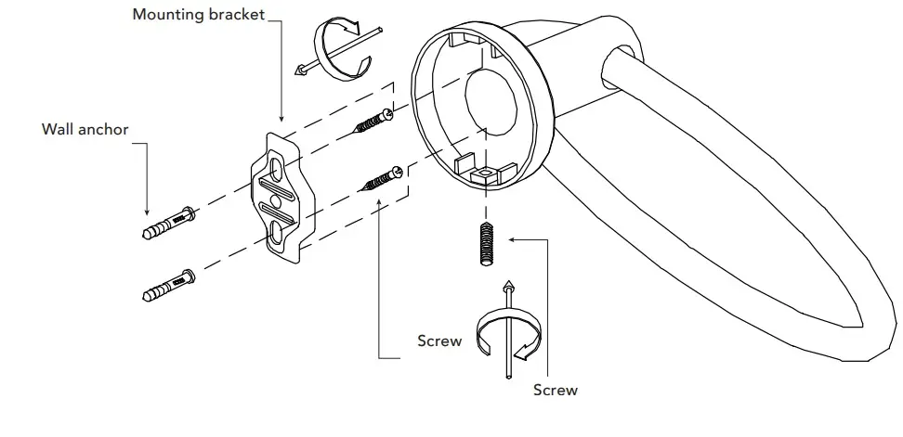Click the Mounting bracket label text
click(x=199, y=15)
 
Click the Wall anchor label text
click(x=85, y=130)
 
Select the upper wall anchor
click(x=167, y=223)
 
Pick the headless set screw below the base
click(x=485, y=245)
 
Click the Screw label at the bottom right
click(x=555, y=391)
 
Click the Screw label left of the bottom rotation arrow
click(x=439, y=341)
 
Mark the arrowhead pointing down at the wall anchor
click(x=145, y=211)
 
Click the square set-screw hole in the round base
click(x=482, y=174)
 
